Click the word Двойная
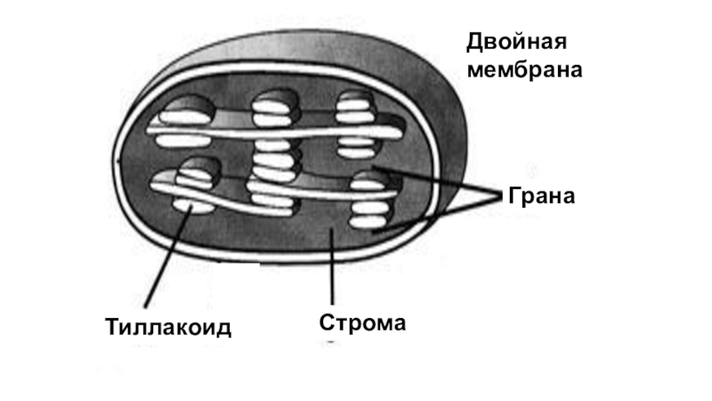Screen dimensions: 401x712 pyautogui.click(x=515, y=42)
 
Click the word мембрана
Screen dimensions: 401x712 pyautogui.click(x=525, y=70)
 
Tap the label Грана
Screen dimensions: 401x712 pyautogui.click(x=540, y=196)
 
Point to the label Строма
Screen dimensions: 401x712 pyautogui.click(x=362, y=322)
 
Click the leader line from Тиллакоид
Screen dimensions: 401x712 pyautogui.click(x=166, y=259)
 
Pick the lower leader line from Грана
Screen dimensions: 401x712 pyautogui.click(x=436, y=217)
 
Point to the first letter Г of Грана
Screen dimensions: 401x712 pyautogui.click(x=514, y=196)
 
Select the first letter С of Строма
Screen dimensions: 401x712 pyautogui.click(x=327, y=322)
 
